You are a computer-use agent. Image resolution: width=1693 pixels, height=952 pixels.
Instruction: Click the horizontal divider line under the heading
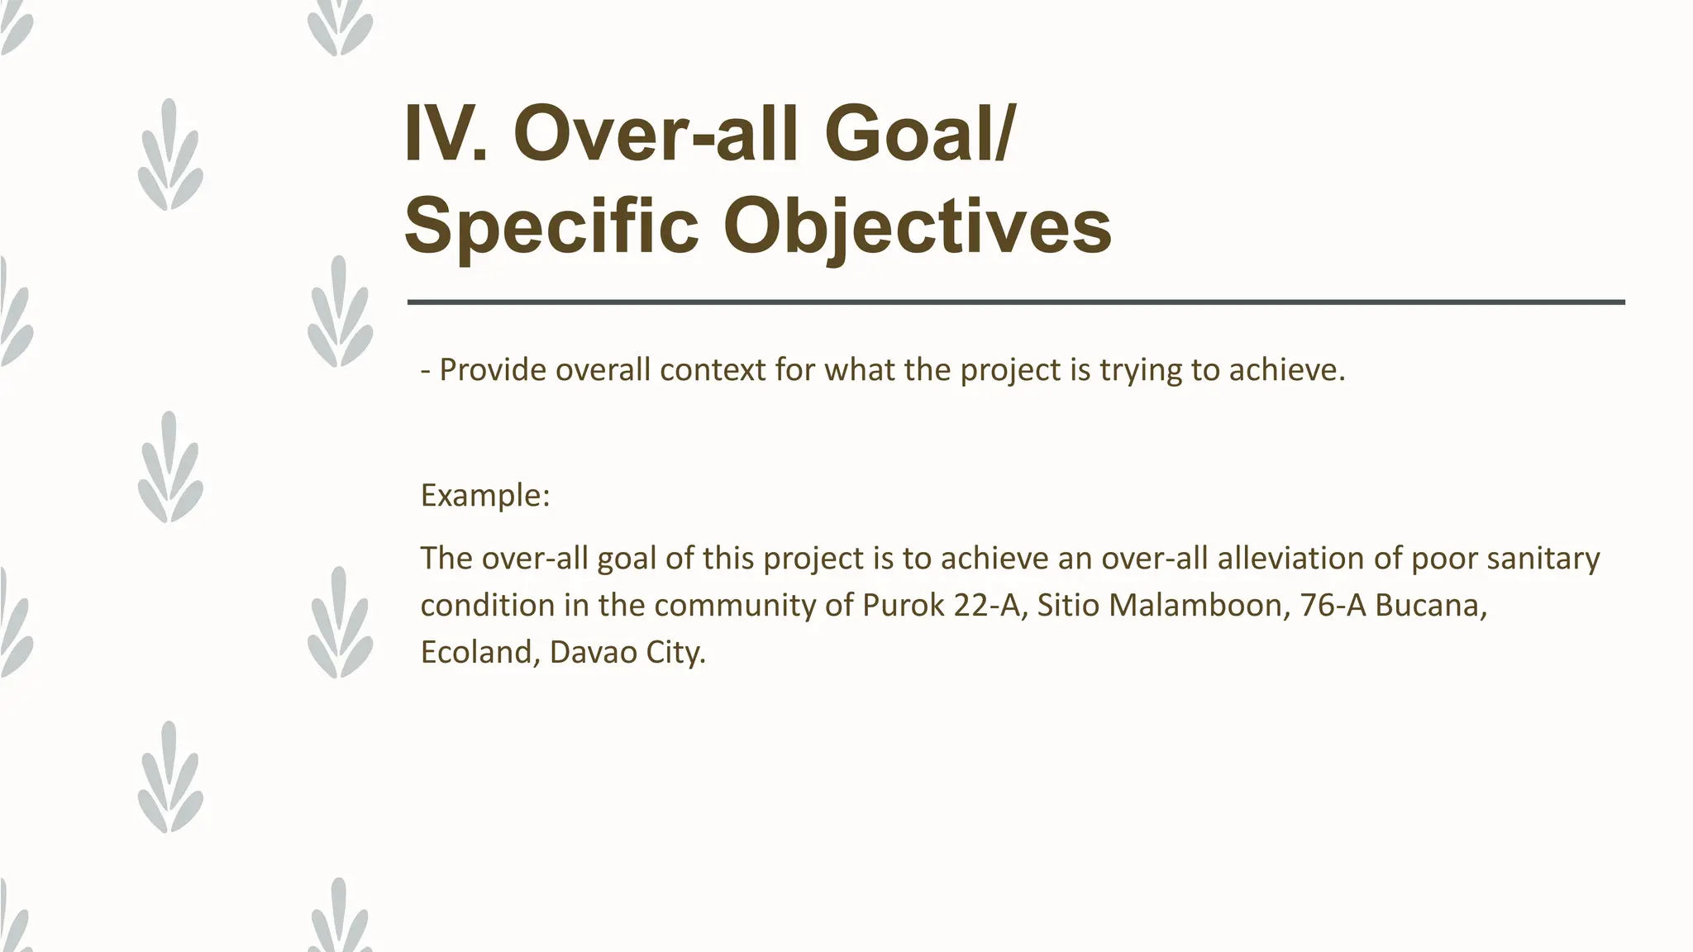(x=1015, y=302)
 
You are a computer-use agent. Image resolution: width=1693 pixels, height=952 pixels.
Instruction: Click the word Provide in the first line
(x=492, y=370)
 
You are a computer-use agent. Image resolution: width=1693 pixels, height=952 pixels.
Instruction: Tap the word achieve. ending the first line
(x=1287, y=370)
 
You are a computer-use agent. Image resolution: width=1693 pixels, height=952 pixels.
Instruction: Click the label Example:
(x=485, y=496)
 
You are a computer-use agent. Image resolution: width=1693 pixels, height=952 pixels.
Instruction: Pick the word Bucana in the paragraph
(x=1431, y=606)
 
